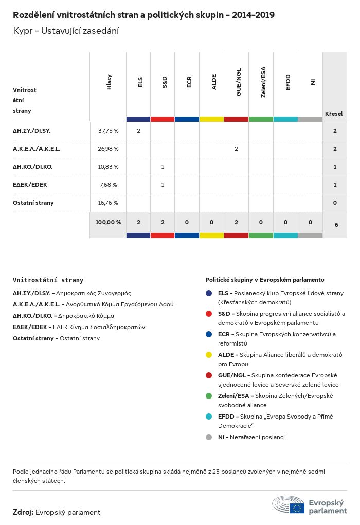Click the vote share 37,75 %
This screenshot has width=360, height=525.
click(108, 131)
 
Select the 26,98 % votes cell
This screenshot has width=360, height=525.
click(108, 149)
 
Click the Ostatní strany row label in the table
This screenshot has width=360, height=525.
click(33, 203)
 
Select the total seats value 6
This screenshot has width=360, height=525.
click(335, 225)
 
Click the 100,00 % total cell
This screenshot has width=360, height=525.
click(108, 222)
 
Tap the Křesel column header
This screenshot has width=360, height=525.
click(334, 113)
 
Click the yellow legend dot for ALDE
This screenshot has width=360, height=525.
click(208, 355)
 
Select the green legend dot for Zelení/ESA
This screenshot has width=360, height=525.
click(208, 396)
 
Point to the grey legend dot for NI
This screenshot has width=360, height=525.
click(208, 437)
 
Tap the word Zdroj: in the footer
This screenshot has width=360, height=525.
click(23, 512)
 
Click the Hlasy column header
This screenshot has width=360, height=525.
click(109, 82)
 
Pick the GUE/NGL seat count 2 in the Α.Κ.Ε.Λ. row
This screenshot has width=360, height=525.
click(236, 149)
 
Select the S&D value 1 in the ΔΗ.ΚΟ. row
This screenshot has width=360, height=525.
click(163, 167)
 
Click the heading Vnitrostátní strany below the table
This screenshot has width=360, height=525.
click(48, 280)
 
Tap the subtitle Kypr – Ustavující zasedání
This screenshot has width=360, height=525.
click(66, 31)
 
